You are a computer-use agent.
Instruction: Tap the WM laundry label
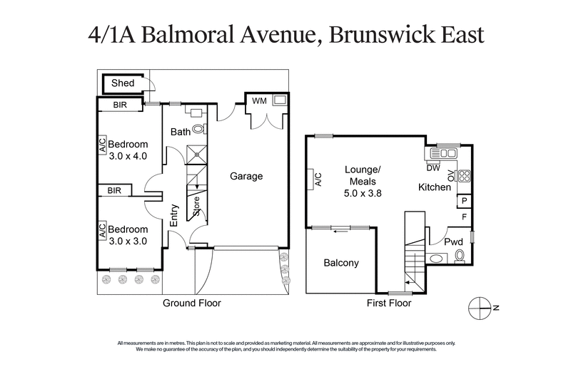(x=259, y=101)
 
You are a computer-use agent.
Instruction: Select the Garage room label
(x=246, y=176)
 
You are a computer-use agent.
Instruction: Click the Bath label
(x=179, y=132)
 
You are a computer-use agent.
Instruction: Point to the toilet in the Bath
(x=198, y=129)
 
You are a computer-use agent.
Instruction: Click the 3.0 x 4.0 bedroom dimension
(x=128, y=156)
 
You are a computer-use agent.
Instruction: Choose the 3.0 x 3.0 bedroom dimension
(x=128, y=242)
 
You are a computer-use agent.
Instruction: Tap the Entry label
(x=173, y=214)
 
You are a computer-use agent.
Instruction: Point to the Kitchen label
(x=434, y=187)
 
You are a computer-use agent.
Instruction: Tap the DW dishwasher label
(x=433, y=168)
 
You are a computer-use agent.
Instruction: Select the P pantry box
(x=463, y=202)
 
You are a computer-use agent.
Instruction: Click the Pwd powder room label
(x=453, y=242)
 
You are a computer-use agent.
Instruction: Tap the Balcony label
(x=341, y=263)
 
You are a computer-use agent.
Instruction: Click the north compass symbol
(x=480, y=307)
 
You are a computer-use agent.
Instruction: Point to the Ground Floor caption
(x=192, y=303)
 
